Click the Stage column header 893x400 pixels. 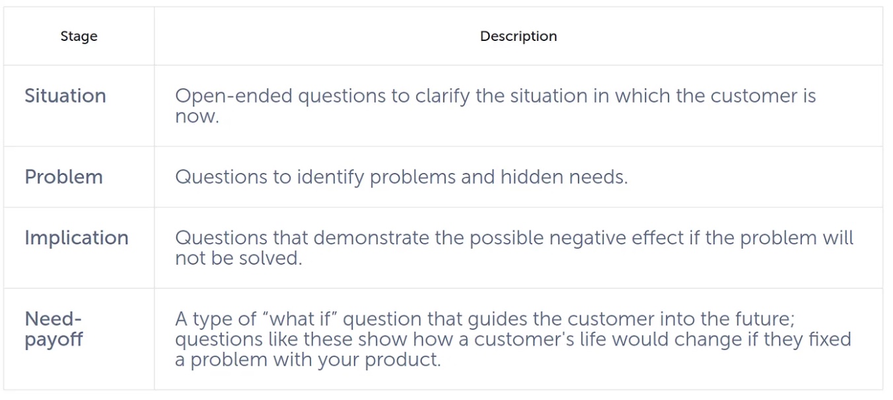pyautogui.click(x=79, y=36)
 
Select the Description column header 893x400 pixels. pyautogui.click(x=518, y=36)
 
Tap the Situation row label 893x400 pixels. pyautogui.click(x=65, y=96)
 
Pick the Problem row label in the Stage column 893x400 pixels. pyautogui.click(x=63, y=177)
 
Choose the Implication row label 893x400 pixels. pyautogui.click(x=77, y=238)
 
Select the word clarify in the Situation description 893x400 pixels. pyautogui.click(x=443, y=96)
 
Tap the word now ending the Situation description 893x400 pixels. pyautogui.click(x=196, y=117)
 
